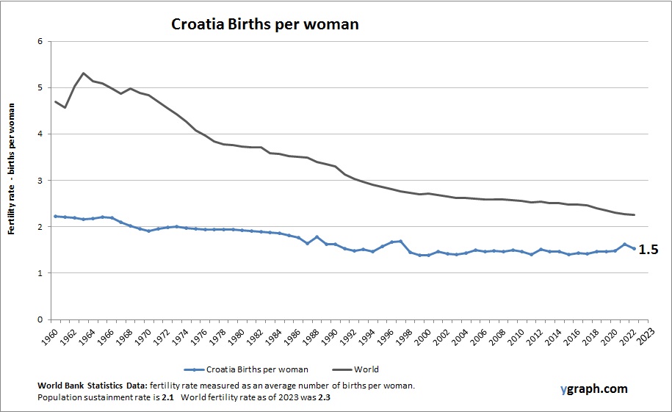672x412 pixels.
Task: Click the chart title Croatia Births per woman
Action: [264, 24]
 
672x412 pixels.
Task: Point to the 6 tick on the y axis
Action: [40, 41]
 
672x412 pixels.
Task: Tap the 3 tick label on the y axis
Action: [40, 181]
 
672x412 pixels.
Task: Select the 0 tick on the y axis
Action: [40, 319]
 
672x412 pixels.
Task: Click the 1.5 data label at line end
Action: [648, 250]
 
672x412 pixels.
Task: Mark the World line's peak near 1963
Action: [84, 73]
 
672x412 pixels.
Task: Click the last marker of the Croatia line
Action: [634, 248]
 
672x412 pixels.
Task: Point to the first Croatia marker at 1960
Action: [55, 216]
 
